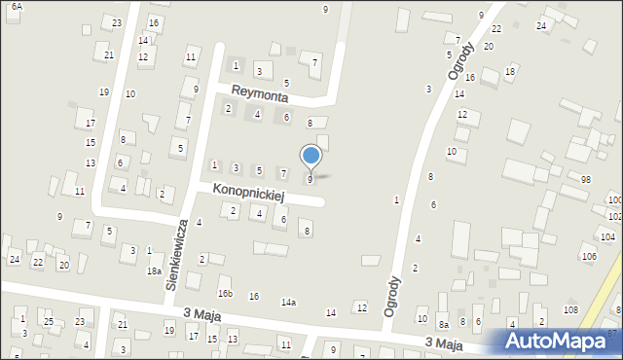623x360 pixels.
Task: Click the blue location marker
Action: pyautogui.click(x=311, y=155)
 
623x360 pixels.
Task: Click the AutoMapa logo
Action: pyautogui.click(x=559, y=342)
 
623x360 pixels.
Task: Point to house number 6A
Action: pyautogui.click(x=17, y=7)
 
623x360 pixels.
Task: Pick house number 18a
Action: pyautogui.click(x=154, y=271)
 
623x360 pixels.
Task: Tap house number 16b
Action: pyautogui.click(x=225, y=294)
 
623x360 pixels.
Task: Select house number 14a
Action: pyautogui.click(x=288, y=303)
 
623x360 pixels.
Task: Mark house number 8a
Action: pyautogui.click(x=443, y=325)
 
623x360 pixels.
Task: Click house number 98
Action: pyautogui.click(x=586, y=180)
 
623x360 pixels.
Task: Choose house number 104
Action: pyautogui.click(x=608, y=236)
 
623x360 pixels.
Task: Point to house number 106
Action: pyautogui.click(x=589, y=256)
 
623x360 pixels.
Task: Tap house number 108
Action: pyautogui.click(x=570, y=309)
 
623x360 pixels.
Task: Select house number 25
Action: pyautogui.click(x=49, y=321)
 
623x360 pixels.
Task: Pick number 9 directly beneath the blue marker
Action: pyautogui.click(x=311, y=180)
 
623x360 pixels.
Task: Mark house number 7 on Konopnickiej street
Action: pyautogui.click(x=283, y=173)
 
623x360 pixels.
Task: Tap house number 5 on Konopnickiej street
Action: pyautogui.click(x=259, y=171)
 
